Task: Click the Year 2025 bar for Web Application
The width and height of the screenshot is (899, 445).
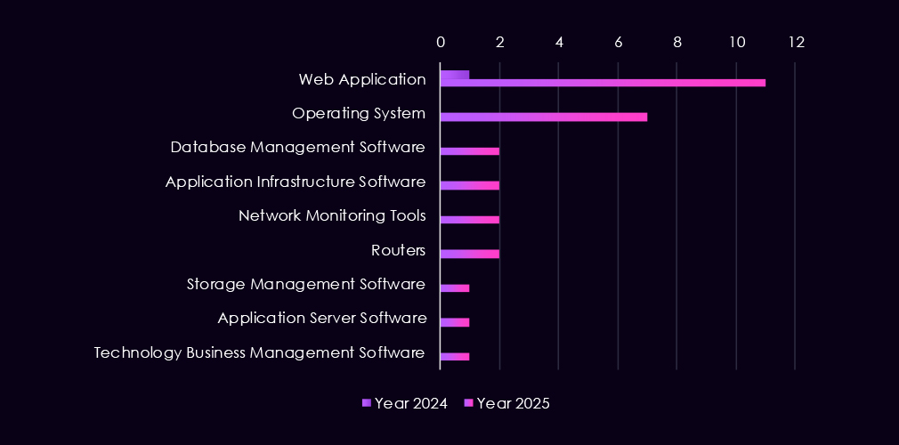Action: coord(603,83)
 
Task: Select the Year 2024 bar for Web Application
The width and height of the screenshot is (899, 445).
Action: coord(455,75)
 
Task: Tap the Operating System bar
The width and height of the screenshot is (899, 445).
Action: coord(543,117)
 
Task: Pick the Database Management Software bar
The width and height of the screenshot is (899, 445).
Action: coord(469,151)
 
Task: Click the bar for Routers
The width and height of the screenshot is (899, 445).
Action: coord(469,254)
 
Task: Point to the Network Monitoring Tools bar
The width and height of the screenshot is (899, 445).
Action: coord(469,220)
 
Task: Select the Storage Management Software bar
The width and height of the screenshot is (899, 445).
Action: coord(455,288)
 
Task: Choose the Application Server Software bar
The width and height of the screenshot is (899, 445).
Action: coord(455,322)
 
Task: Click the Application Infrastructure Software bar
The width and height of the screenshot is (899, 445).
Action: coord(469,185)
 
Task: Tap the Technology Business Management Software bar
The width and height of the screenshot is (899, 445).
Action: coord(455,357)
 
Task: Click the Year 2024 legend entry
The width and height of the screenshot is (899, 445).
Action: coord(405,403)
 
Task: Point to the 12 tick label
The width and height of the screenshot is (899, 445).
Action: coord(795,42)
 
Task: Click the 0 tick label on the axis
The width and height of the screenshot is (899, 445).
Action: coord(441,42)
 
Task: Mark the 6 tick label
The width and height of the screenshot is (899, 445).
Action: coord(618,42)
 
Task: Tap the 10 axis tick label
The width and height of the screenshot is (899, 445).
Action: coord(736,42)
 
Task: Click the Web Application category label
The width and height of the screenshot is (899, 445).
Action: coord(362,79)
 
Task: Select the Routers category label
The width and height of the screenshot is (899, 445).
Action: coord(398,250)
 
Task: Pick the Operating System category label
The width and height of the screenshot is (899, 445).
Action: coord(359,113)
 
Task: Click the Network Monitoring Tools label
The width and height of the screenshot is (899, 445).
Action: coord(332,215)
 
